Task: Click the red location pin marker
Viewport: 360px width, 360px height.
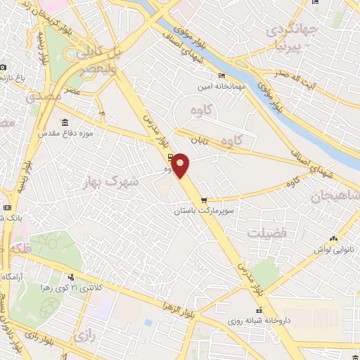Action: pyautogui.click(x=181, y=166)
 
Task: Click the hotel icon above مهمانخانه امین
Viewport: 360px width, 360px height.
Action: pyautogui.click(x=222, y=76)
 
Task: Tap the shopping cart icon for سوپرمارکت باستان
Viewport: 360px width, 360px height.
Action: pyautogui.click(x=204, y=200)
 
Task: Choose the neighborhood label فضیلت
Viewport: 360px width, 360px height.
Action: pyautogui.click(x=266, y=232)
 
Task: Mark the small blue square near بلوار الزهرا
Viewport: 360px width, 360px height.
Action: pyautogui.click(x=148, y=323)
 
